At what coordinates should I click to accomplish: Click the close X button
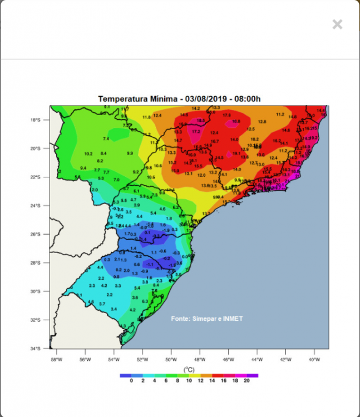[x=337, y=24]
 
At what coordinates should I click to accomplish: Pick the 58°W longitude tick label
[x=56, y=359]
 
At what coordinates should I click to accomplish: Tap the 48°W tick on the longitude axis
[x=200, y=359]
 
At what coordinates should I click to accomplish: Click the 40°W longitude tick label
[x=314, y=359]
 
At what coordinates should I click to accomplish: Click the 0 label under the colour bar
[x=131, y=381]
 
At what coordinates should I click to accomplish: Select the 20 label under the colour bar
[x=247, y=381]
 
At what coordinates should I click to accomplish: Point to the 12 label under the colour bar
[x=200, y=381]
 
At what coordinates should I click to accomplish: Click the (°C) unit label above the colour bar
[x=188, y=369]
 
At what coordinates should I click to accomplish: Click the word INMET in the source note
[x=233, y=319]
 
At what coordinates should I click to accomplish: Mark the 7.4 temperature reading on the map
[x=106, y=138]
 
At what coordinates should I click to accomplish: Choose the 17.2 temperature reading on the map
[x=196, y=132]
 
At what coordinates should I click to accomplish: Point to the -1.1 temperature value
[x=150, y=265]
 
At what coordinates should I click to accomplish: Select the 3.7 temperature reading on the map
[x=102, y=304]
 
